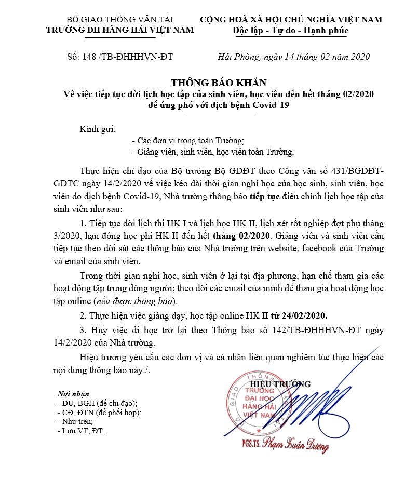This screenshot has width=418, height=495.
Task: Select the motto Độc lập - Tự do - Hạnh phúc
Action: pyautogui.click(x=291, y=30)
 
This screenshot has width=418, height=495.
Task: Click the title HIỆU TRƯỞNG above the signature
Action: pyautogui.click(x=287, y=384)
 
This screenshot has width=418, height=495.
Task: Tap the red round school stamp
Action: pyautogui.click(x=259, y=405)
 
